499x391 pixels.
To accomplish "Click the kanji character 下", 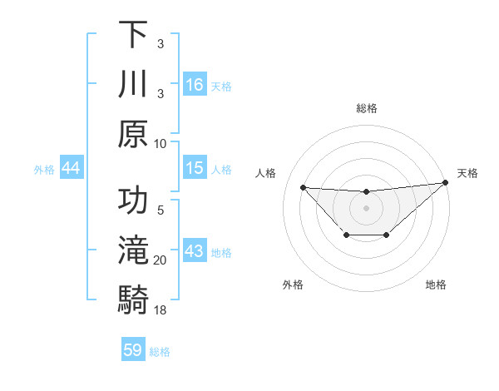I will coord(133,35).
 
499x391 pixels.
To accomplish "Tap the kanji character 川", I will coord(133,84).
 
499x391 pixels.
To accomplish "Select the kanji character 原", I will coord(133,133).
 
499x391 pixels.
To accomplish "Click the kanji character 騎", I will coord(133,299).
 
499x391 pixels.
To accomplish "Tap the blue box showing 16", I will coord(195,84).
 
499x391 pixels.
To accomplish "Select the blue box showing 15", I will coord(195,168).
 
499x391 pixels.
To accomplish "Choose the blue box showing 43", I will coord(195,251).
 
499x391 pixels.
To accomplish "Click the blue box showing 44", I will coord(71,168).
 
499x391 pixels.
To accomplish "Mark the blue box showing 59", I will coord(133,350).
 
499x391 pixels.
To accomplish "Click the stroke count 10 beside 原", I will coord(161,143).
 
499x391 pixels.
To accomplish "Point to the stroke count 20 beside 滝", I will coord(161,260).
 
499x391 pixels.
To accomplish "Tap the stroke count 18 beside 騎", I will coord(161,309).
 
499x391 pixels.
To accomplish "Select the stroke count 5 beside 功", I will coord(161,210).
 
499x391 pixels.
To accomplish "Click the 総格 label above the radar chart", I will coord(366,108).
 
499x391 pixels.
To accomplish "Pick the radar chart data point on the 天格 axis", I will coord(446,183).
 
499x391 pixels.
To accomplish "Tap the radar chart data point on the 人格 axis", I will coord(303,187).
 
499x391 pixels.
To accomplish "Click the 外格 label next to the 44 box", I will coord(44,170).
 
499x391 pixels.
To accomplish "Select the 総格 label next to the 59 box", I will coord(160,352).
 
